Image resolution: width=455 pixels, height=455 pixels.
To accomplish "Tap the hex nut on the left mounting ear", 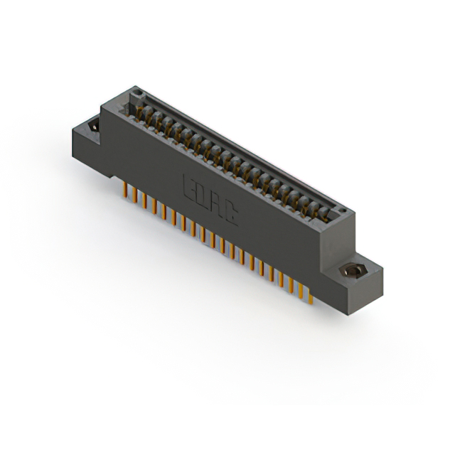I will pos(93,128).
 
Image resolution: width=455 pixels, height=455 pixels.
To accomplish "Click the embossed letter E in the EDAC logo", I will pos(191,186).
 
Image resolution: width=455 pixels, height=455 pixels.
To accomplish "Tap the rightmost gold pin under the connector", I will pos(310,296).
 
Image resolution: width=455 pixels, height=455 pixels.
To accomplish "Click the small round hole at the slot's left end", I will pos(138,93).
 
